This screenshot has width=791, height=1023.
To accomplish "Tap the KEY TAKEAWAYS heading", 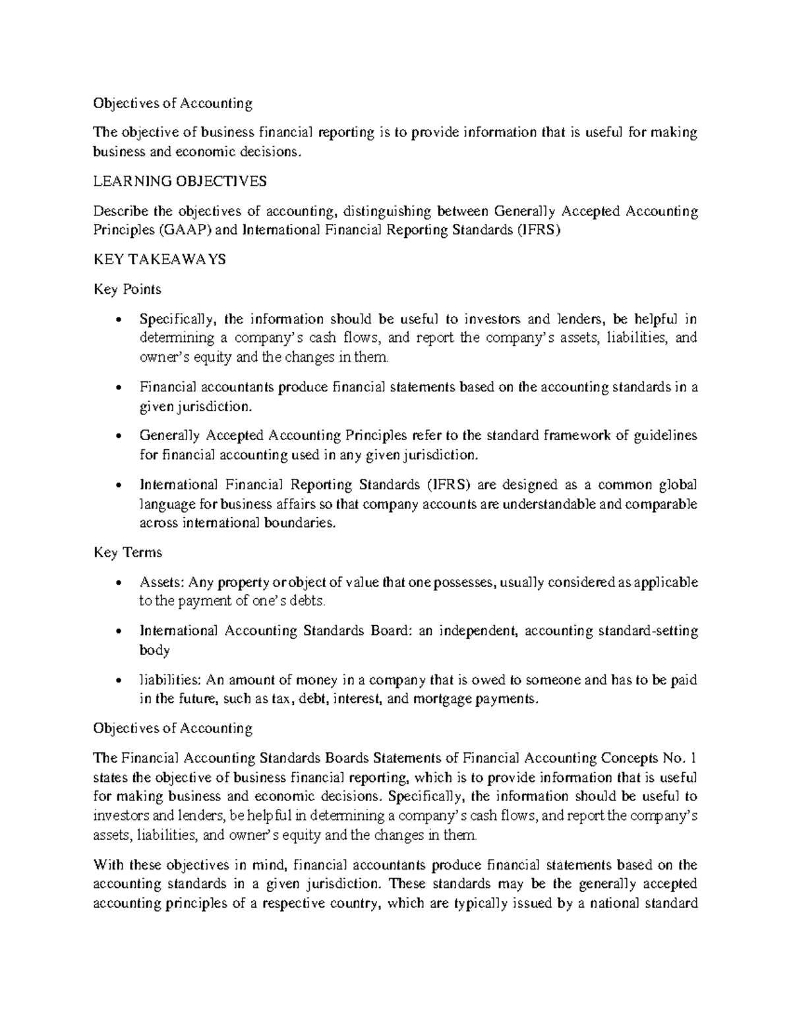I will (x=160, y=260).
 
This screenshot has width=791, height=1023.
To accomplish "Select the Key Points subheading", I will (x=127, y=289).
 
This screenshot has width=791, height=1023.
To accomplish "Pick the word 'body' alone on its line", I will (x=154, y=650).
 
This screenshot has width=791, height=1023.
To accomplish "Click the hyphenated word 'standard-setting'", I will (x=647, y=630).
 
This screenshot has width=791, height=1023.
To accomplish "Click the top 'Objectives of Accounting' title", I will (x=173, y=103).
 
